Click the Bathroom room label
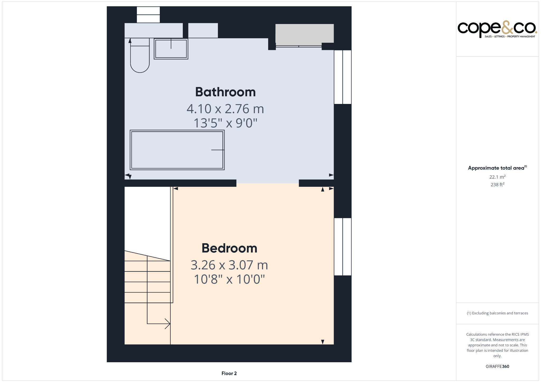[x=225, y=92]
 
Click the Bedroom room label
[x=229, y=248]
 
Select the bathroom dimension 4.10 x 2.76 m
[x=225, y=109]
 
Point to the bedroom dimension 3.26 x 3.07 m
[x=229, y=265]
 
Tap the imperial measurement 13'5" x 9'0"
[x=225, y=123]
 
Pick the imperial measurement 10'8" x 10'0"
[x=229, y=279]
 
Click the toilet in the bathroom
[x=140, y=57]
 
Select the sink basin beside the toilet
[x=171, y=49]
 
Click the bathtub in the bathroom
[x=177, y=150]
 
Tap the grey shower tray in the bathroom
[x=304, y=34]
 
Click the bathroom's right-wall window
[x=343, y=77]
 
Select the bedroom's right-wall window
[x=343, y=247]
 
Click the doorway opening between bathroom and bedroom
[x=267, y=183]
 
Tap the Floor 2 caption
[x=229, y=373]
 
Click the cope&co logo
[x=497, y=29]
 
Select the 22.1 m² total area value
[x=497, y=177]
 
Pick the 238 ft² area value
[x=497, y=185]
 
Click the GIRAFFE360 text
[x=497, y=366]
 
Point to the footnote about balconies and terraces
[x=497, y=313]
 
